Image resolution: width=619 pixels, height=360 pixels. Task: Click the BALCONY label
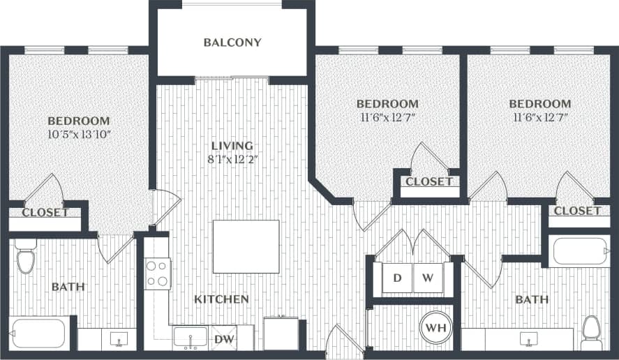(x=232, y=43)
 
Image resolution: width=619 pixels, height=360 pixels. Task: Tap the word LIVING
(x=232, y=146)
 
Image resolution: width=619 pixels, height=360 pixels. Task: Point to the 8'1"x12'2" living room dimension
(x=232, y=160)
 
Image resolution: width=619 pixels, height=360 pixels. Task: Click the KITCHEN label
(x=221, y=299)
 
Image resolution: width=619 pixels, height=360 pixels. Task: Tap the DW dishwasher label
(x=223, y=339)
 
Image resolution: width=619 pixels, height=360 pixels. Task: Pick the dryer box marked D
(x=397, y=278)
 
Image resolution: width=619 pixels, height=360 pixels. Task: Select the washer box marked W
(x=428, y=278)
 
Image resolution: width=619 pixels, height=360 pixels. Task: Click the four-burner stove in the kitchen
(x=158, y=273)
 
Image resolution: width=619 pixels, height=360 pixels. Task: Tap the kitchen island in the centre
(x=246, y=247)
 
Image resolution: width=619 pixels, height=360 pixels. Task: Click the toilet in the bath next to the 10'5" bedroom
(x=26, y=258)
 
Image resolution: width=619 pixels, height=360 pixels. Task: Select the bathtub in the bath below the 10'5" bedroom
(x=38, y=333)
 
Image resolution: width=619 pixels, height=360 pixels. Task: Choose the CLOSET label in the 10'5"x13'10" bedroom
(x=45, y=212)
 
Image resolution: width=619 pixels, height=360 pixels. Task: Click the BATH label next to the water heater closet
(x=531, y=299)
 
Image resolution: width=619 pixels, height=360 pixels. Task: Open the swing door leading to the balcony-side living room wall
(x=165, y=207)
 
